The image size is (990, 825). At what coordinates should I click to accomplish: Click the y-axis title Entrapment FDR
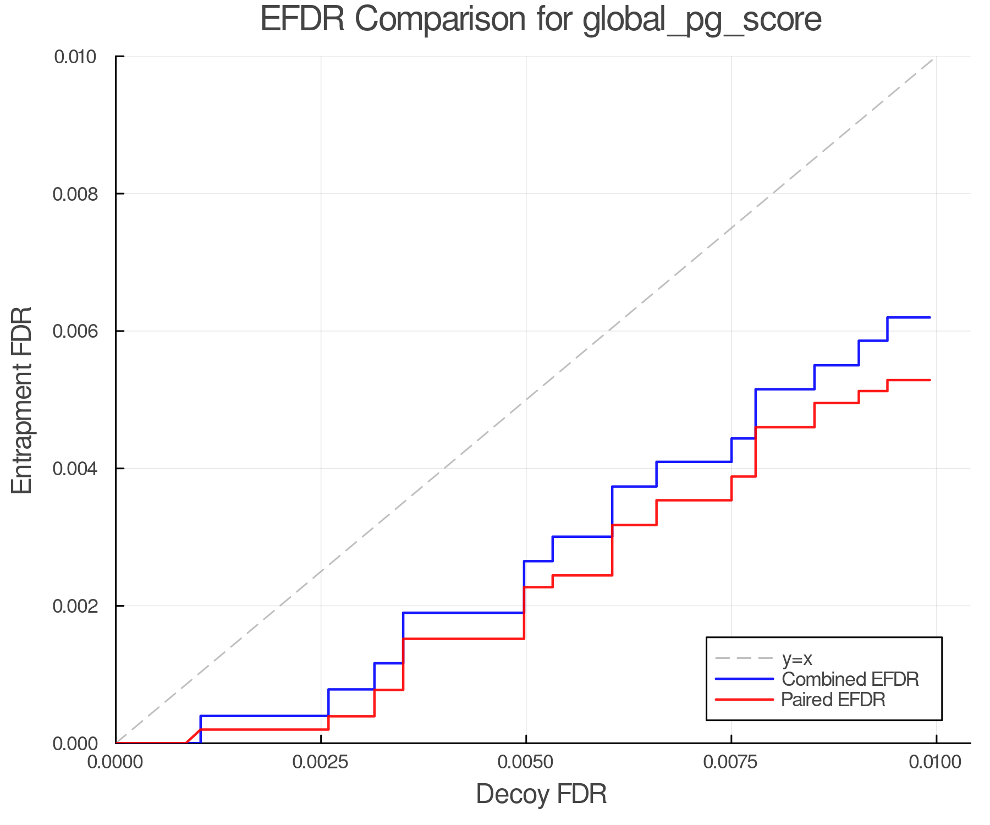point(23,400)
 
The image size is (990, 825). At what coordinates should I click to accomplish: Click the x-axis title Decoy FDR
point(541,794)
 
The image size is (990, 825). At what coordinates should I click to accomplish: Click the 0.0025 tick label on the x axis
point(321,762)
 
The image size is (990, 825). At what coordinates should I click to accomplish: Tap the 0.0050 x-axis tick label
point(526,762)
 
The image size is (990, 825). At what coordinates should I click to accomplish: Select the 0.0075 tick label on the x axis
point(731,762)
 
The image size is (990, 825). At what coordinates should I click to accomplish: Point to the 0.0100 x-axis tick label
point(936,762)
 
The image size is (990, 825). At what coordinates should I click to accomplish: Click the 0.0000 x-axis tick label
point(116,762)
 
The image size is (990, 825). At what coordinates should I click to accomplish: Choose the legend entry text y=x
point(797,658)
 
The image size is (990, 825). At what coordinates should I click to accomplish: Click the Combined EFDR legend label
point(850,679)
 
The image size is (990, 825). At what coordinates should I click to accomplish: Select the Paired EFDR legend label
point(833,700)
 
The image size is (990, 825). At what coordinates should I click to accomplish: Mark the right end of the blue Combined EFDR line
point(930,317)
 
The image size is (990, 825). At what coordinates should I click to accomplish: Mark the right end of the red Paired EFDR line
point(930,380)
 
